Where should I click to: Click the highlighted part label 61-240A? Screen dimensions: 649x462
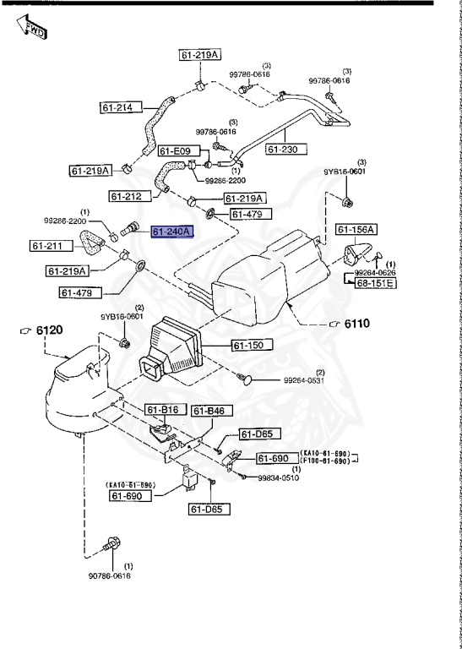coord(172,232)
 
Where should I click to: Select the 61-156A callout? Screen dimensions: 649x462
coord(357,229)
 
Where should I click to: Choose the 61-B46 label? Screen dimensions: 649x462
coord(209,412)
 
